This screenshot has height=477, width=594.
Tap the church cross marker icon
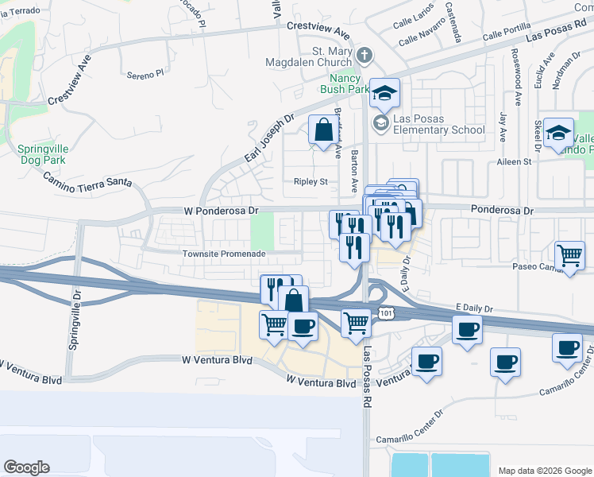[364, 56]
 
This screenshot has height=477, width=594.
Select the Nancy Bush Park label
[349, 84]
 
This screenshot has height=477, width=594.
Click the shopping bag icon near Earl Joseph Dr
[323, 130]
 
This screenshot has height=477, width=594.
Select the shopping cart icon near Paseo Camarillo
[569, 255]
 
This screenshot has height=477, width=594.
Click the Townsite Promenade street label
[224, 254]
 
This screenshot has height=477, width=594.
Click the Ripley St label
[310, 181]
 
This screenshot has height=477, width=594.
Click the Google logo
[27, 467]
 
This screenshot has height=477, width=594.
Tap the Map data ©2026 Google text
[544, 471]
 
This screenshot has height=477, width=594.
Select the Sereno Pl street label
[145, 74]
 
